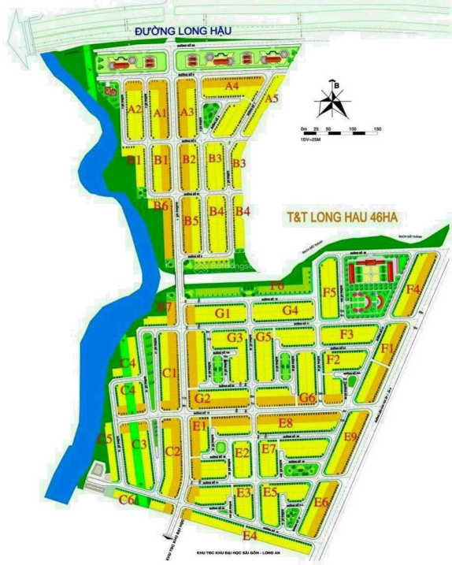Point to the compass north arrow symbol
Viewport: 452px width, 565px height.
[x=334, y=102]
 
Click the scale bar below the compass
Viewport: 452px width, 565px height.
[x=340, y=132]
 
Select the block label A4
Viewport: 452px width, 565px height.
[x=232, y=85]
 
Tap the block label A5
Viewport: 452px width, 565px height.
[x=272, y=99]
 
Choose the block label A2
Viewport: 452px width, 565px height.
[x=135, y=109]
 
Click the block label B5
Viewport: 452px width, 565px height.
[x=191, y=221]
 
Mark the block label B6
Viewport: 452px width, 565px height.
[x=161, y=206]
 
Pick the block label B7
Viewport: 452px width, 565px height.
[x=165, y=306]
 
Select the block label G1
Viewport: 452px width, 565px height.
[x=223, y=313]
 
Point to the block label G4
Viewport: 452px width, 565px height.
[x=291, y=310]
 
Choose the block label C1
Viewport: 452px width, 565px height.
[x=169, y=373]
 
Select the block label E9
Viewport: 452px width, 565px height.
[x=351, y=437]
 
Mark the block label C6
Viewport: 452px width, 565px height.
[x=126, y=500]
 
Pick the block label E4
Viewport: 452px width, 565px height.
[x=250, y=536]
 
